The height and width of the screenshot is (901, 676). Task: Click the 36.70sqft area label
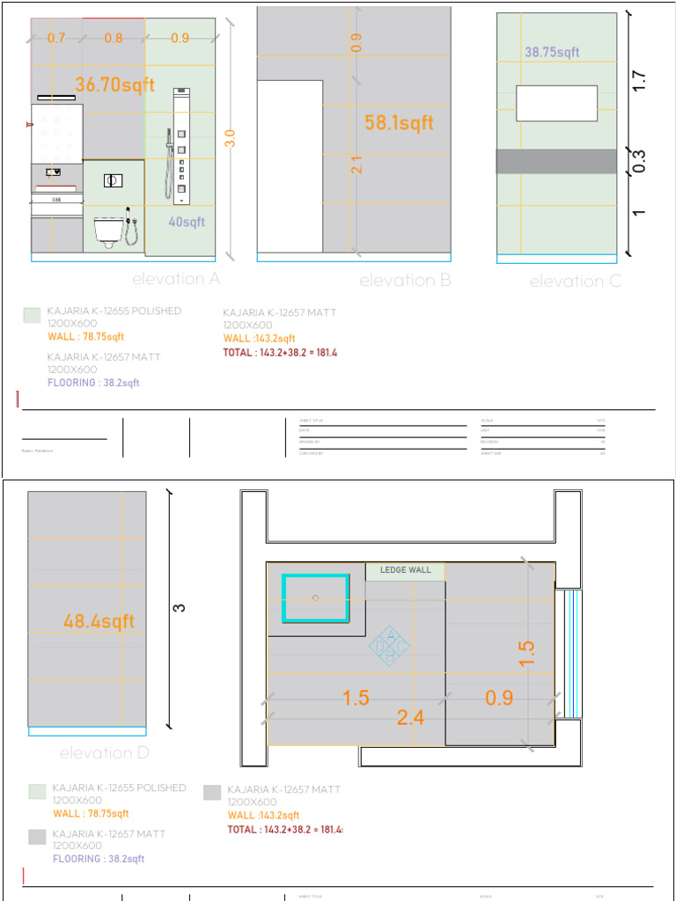point(114,85)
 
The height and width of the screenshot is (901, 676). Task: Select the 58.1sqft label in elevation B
point(399,123)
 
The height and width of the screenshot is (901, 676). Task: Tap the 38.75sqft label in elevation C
point(552,53)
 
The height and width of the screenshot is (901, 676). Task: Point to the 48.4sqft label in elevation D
point(99,622)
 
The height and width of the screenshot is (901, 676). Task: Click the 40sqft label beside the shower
point(187,223)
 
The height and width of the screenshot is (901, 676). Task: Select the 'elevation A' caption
point(176,279)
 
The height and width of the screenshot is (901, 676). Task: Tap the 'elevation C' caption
point(575,282)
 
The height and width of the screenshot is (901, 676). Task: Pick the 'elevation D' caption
point(105,753)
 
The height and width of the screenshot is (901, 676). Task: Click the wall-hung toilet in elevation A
point(108,232)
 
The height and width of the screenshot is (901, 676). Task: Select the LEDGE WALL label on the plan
point(406,570)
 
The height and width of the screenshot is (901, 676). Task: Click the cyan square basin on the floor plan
point(315,598)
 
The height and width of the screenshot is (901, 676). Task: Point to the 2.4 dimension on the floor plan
point(410,718)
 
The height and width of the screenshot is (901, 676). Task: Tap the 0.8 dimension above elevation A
point(114,38)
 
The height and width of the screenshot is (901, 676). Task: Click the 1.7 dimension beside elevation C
point(640,81)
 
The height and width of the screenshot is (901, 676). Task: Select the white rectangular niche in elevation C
point(556,103)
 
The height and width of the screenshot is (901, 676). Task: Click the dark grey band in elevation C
point(556,161)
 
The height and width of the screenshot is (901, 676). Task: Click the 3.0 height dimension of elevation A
point(231,137)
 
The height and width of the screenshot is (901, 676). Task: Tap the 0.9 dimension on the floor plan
point(499,699)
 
